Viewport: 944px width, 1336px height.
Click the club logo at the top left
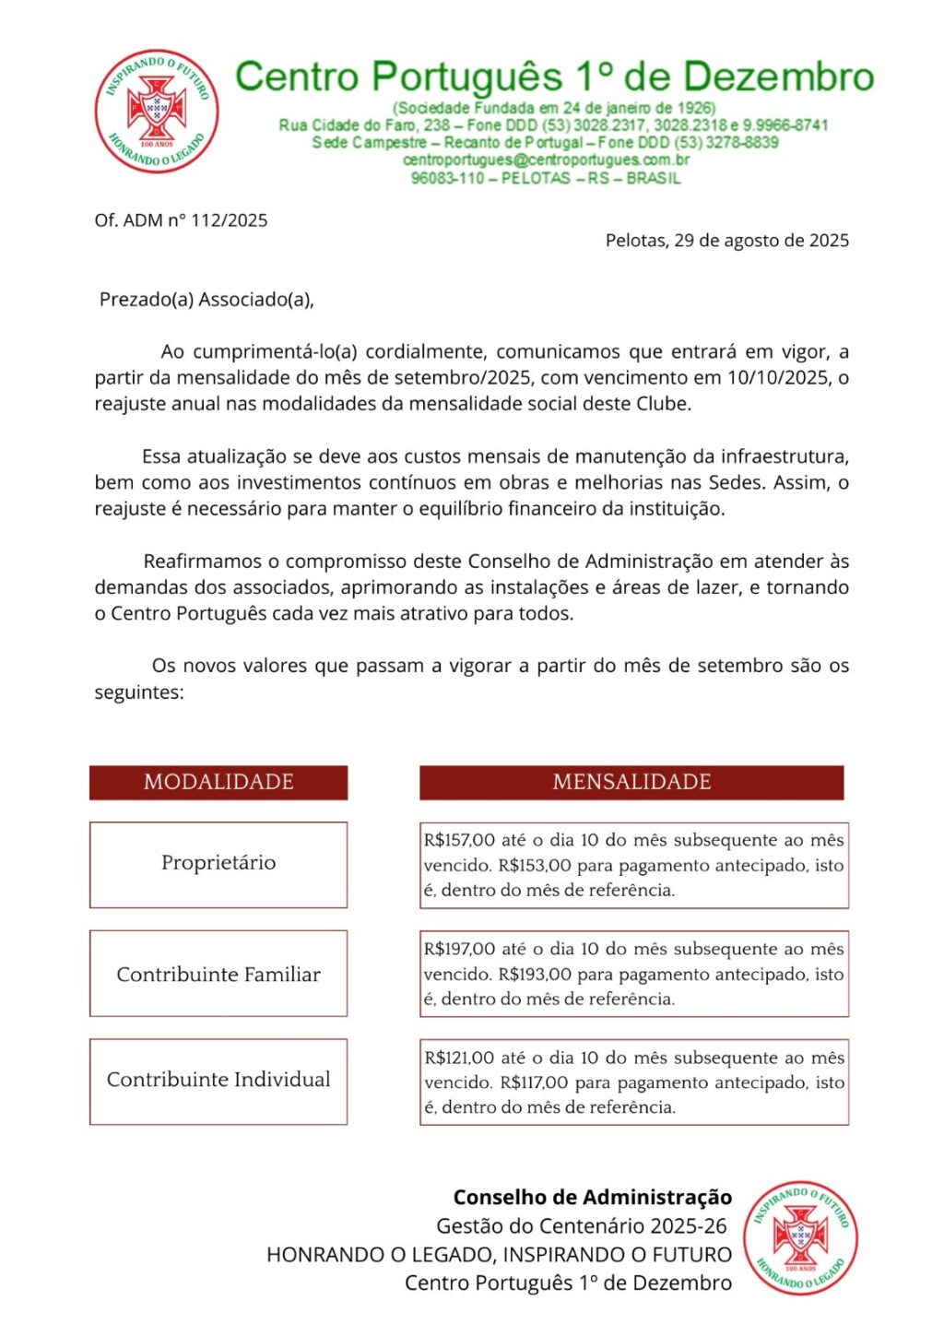click(x=157, y=112)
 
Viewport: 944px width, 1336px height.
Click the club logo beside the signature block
click(x=800, y=1237)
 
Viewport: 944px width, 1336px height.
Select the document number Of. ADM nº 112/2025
click(x=181, y=220)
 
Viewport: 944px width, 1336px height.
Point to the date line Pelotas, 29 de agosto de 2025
click(x=726, y=241)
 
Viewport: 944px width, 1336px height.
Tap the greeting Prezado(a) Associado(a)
click(x=206, y=300)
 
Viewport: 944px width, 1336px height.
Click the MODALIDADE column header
click(x=218, y=782)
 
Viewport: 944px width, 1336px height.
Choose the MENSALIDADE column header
click(x=631, y=782)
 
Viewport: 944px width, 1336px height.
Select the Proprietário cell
click(x=218, y=863)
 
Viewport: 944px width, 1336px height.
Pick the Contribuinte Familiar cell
click(x=218, y=975)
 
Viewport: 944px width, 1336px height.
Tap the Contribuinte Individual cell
click(x=218, y=1080)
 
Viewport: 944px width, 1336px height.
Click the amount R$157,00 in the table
click(x=459, y=840)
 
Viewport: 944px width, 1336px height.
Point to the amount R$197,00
click(x=459, y=949)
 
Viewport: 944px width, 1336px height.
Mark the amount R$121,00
click(x=459, y=1058)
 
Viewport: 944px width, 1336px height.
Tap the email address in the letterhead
click(x=546, y=160)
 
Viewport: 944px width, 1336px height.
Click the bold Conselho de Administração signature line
click(x=592, y=1198)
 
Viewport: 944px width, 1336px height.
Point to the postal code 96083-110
click(x=447, y=178)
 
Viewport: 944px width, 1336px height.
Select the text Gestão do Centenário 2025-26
click(x=581, y=1226)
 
